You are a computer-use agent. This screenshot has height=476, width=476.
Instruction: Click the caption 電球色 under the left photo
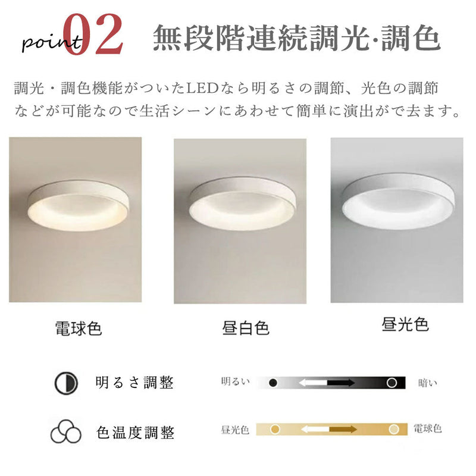[78, 328]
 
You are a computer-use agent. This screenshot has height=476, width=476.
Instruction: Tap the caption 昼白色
[245, 328]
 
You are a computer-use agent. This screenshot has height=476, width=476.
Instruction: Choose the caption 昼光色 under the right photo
[405, 325]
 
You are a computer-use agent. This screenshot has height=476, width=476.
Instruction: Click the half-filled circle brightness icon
[66, 383]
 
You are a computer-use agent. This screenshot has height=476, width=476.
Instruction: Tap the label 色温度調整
[134, 430]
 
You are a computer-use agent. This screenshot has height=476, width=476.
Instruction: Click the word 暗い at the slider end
[427, 383]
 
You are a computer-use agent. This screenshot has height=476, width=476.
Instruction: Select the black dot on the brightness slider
[273, 383]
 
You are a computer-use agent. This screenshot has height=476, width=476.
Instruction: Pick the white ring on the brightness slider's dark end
[392, 383]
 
